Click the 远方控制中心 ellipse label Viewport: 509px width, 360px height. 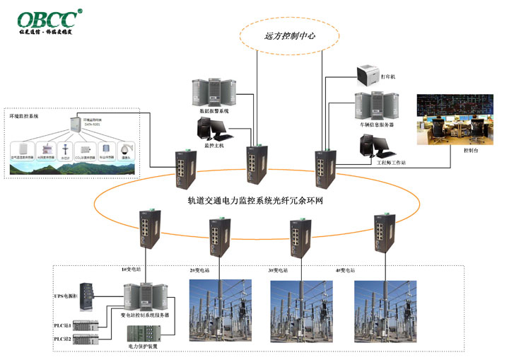pyautogui.click(x=291, y=35)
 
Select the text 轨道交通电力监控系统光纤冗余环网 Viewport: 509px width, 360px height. pyautogui.click(x=255, y=201)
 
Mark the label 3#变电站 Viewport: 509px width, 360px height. pyautogui.click(x=277, y=271)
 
